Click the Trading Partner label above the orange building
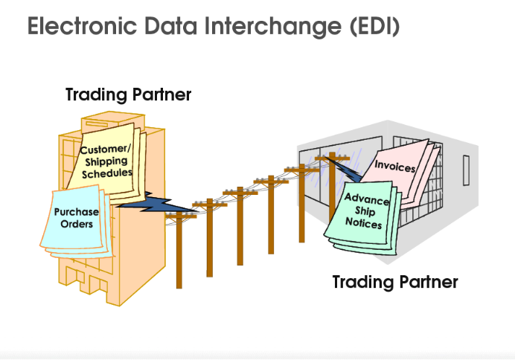[x=128, y=95]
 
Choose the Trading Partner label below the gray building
[x=394, y=282]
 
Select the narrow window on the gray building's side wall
[x=466, y=172]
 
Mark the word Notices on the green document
[x=364, y=224]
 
